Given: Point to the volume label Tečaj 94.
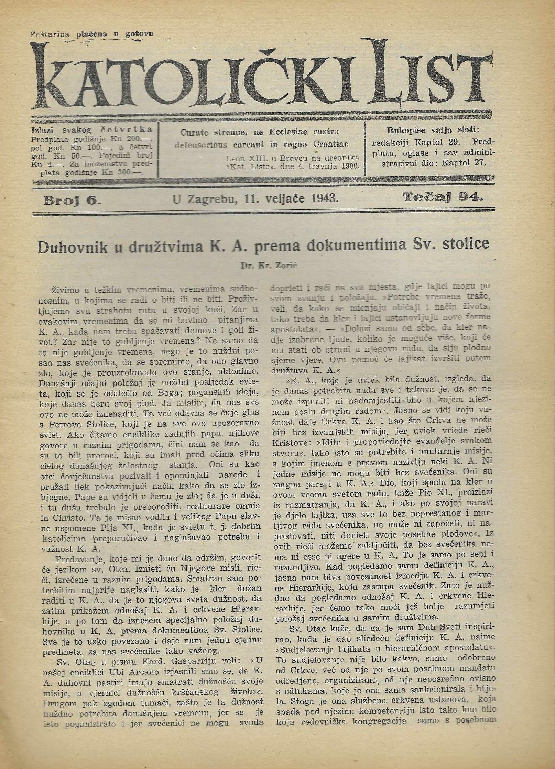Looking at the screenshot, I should click(443, 197).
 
